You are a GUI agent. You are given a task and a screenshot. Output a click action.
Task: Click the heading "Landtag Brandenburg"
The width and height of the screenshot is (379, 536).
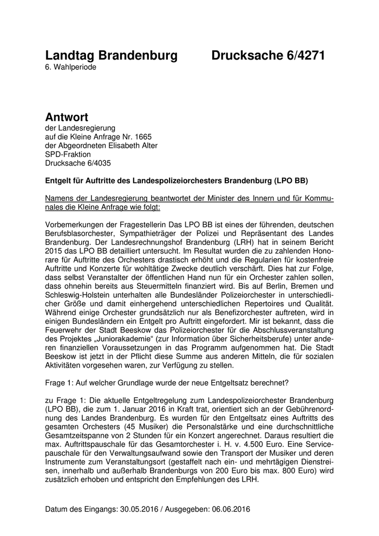point(111,56)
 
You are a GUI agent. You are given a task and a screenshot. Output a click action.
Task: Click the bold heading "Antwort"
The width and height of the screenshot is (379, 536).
point(67,117)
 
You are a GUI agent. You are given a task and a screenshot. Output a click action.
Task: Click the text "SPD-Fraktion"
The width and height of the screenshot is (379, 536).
point(68,154)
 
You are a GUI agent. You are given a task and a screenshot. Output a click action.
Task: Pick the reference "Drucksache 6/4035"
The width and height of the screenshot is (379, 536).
point(80,163)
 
